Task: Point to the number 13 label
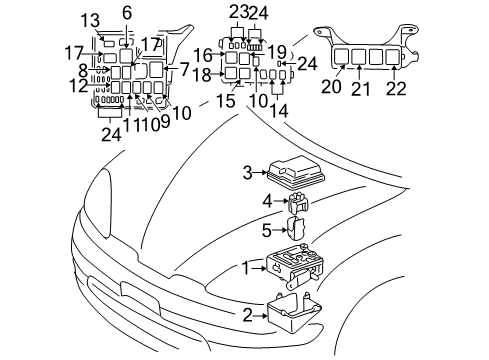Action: coord(90,20)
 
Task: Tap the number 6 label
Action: coord(126,12)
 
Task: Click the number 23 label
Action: coord(236,11)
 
